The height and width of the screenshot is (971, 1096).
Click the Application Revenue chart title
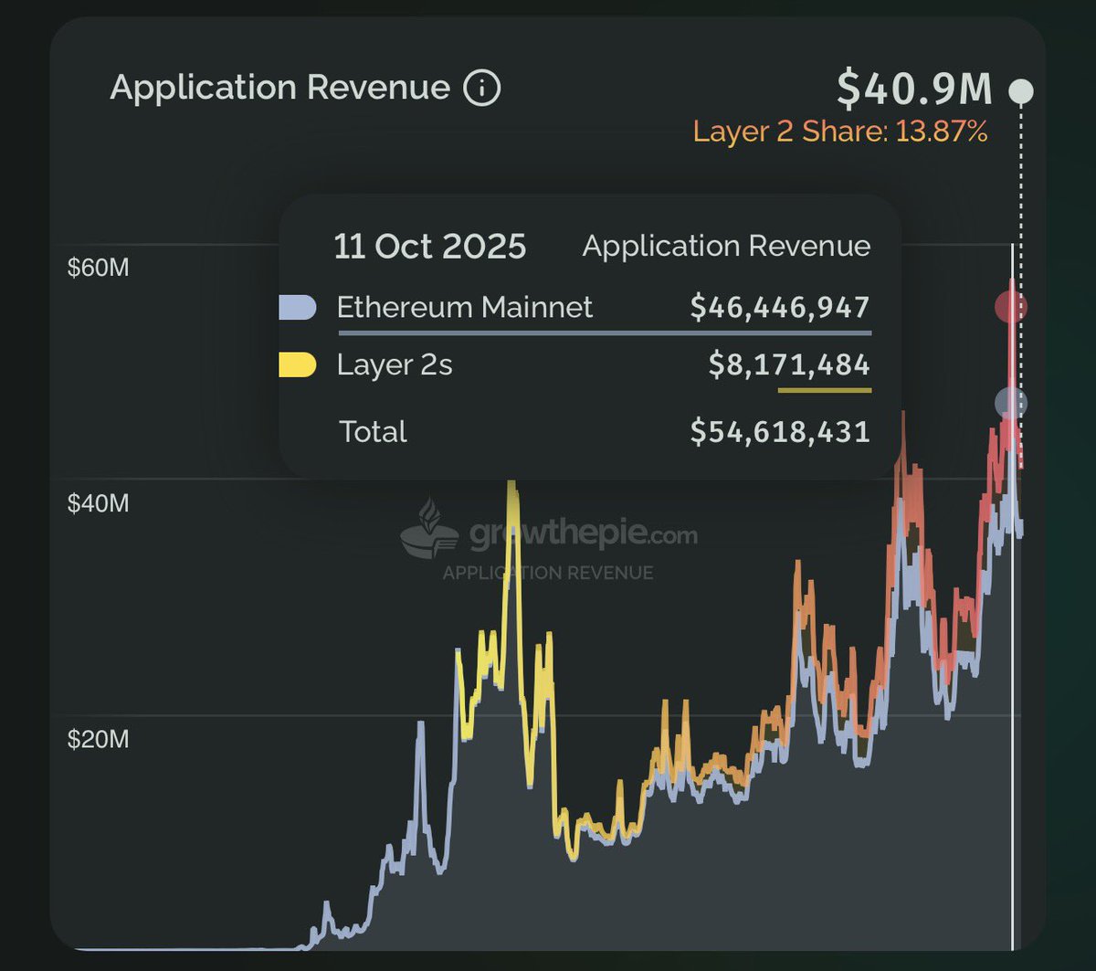(x=279, y=88)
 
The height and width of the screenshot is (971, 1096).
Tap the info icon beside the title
(x=482, y=89)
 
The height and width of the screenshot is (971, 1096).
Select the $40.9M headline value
(x=914, y=89)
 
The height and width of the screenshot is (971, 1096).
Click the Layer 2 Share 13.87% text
(x=840, y=132)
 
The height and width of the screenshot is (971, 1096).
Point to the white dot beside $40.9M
(x=1021, y=91)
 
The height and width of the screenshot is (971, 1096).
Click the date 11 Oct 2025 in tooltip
(x=429, y=247)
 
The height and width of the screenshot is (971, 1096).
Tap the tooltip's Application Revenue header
(x=726, y=246)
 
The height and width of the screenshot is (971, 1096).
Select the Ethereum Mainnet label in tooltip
(x=464, y=307)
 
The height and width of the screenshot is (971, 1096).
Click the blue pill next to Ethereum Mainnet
(x=298, y=308)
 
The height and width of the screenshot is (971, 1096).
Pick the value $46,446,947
(x=780, y=307)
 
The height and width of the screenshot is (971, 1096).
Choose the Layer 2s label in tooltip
(x=395, y=365)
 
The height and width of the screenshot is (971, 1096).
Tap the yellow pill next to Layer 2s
(x=298, y=365)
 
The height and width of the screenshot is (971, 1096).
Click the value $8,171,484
(x=789, y=365)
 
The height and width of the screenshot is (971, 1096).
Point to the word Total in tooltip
(x=373, y=431)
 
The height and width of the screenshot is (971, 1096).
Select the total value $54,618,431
(x=780, y=431)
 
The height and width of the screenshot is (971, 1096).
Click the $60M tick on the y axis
(x=98, y=269)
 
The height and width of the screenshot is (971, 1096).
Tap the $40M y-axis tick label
(x=98, y=503)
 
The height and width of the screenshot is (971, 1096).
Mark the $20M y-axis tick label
(x=98, y=738)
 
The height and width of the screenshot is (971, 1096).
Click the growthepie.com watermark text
(x=583, y=535)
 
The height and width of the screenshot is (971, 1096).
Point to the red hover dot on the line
(x=1011, y=307)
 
